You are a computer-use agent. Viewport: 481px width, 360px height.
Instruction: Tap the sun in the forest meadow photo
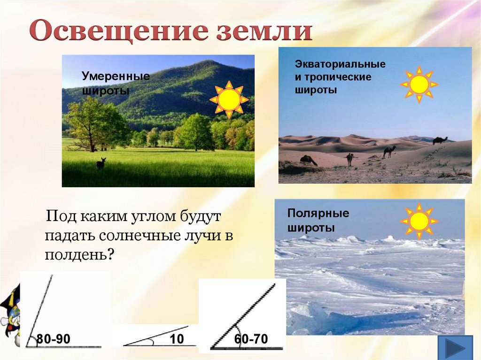tap(229, 100)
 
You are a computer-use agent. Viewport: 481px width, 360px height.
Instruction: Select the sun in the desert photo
tap(419, 84)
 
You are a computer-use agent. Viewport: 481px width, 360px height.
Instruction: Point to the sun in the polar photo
tap(419, 221)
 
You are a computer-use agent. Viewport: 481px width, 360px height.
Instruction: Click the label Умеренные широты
tap(116, 83)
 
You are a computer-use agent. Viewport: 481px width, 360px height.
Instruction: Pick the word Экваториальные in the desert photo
tap(340, 64)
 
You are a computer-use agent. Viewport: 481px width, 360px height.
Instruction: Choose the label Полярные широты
tap(318, 221)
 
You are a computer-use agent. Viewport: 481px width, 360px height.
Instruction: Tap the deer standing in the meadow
tap(101, 164)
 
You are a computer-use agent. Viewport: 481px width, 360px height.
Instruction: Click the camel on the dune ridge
tap(440, 140)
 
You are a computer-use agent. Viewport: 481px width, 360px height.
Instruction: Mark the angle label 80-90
tap(54, 339)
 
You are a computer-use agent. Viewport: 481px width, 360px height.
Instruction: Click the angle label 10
tap(177, 339)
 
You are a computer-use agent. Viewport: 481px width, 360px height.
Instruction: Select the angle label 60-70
tap(251, 339)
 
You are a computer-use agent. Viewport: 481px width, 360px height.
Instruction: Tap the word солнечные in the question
tap(140, 236)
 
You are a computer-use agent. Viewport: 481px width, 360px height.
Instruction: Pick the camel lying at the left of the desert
tap(308, 160)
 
